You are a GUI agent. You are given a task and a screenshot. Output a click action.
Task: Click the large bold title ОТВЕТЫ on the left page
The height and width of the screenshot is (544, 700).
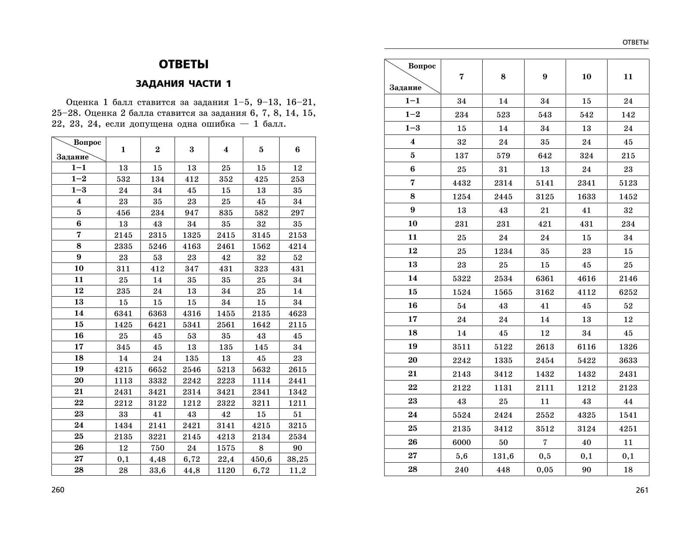(184, 64)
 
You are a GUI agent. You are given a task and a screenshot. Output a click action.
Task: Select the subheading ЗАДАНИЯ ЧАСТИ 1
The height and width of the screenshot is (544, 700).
(184, 83)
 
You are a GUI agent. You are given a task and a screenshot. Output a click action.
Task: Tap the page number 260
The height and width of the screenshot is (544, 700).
(57, 490)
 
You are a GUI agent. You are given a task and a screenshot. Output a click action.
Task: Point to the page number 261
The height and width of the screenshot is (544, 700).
(642, 490)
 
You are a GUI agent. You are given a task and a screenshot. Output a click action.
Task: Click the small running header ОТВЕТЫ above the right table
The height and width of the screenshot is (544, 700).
(635, 42)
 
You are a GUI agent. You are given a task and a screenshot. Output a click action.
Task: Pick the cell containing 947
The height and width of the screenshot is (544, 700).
(191, 213)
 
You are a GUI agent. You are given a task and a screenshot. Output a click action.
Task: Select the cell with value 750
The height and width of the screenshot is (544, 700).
(157, 448)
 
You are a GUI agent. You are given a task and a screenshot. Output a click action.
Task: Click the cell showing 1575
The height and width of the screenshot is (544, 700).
(226, 448)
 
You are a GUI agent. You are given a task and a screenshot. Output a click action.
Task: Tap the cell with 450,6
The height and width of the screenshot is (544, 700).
(261, 459)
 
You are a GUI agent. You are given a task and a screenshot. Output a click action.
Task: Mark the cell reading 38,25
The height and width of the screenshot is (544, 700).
(297, 459)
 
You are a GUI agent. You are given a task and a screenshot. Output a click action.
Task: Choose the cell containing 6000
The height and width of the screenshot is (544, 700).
(461, 442)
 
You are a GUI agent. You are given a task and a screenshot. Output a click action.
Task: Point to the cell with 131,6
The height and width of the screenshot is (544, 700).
(503, 456)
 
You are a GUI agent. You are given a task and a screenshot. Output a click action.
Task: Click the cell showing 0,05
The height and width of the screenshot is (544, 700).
(544, 470)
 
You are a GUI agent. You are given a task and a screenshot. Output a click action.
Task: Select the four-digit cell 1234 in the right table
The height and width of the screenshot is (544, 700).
(503, 251)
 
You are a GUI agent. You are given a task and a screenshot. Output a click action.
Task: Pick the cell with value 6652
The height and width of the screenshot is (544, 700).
(157, 370)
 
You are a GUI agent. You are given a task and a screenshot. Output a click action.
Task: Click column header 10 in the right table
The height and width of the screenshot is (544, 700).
(586, 77)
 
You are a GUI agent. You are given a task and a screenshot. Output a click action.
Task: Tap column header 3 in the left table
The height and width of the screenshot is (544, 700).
(191, 150)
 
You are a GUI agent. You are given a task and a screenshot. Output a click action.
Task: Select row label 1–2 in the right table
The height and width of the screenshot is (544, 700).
(412, 115)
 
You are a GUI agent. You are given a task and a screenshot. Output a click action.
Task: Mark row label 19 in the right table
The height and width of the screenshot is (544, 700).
(412, 346)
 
